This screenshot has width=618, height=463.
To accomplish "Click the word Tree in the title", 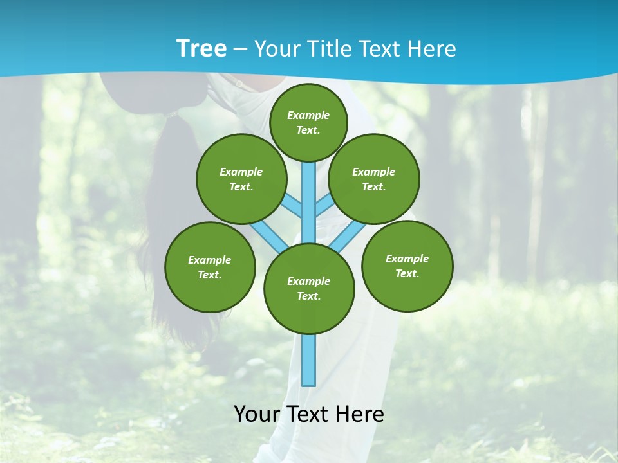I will [201, 49].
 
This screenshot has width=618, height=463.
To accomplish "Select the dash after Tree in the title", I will [239, 50].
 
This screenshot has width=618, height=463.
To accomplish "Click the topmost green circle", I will [308, 122].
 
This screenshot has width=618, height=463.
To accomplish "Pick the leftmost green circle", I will [210, 267].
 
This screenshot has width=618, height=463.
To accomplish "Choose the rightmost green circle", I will [407, 266].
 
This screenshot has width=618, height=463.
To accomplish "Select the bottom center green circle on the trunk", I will [309, 289].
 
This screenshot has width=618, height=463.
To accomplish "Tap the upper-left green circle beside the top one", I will [241, 179].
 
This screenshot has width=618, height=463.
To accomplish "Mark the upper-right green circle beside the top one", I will [374, 179].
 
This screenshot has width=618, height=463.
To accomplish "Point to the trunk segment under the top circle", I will [309, 199].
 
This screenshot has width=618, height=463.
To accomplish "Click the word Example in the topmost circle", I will [308, 116].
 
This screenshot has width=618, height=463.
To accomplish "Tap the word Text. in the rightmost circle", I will [407, 273].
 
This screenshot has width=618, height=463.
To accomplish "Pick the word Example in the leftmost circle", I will [210, 260].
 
